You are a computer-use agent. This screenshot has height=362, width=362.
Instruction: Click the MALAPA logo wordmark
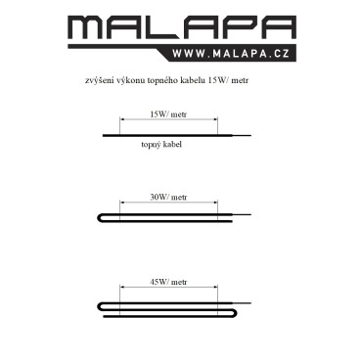[x=182, y=27]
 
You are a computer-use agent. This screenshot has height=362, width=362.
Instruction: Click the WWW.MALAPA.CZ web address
[x=231, y=54]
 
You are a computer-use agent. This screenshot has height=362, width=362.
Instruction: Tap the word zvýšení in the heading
[x=98, y=80]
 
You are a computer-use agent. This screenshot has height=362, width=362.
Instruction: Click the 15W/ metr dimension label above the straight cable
[x=168, y=114]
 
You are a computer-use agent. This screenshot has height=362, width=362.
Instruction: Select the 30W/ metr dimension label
[x=168, y=197]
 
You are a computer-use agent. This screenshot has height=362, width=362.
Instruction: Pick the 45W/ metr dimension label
[x=168, y=282]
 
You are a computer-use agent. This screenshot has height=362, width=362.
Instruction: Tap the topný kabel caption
[x=161, y=144]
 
